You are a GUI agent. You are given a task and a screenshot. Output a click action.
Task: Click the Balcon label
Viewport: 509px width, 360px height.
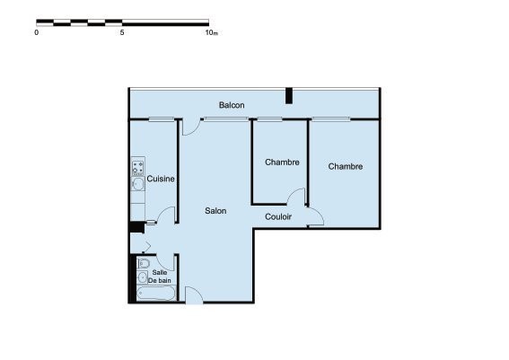coord(232,105)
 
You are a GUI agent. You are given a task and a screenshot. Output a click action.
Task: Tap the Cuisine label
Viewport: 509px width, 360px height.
coord(161,179)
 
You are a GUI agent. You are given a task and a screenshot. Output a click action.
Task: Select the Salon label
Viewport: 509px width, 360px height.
coord(215,211)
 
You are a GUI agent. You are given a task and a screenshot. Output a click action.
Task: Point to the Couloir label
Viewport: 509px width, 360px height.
coord(278,216)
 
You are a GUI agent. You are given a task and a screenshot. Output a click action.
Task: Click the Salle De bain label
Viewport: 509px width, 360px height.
coord(160,277)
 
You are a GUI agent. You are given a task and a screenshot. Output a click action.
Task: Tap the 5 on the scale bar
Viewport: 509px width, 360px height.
coord(122,32)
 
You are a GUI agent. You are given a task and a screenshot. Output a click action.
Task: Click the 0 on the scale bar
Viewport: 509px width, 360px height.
coord(36,32)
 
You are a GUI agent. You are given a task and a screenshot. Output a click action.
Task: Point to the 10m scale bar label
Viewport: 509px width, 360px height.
coord(211,32)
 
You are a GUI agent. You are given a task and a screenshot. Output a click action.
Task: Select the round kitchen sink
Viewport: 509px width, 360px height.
coord(138,184)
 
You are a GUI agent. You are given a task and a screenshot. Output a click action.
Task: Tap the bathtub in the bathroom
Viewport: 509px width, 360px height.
coord(156,294)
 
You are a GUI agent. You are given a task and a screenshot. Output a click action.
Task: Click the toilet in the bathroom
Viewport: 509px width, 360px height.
coord(143,263)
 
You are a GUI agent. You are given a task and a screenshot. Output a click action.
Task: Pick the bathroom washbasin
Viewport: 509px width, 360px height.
coord(142,277)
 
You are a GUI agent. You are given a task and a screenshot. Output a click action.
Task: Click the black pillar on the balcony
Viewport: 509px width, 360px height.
coord(288,96)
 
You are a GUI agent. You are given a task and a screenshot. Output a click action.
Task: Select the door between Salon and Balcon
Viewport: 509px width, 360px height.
coord(190,127)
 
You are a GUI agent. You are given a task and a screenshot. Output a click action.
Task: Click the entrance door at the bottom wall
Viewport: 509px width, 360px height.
coord(194,295)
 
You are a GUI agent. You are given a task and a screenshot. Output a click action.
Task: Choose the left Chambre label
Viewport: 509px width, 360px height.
coord(282,162)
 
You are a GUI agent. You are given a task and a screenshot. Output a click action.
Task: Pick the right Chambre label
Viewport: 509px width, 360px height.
coord(346,166)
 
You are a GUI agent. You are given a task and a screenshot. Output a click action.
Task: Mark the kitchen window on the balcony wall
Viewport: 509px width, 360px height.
coord(162,119)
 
